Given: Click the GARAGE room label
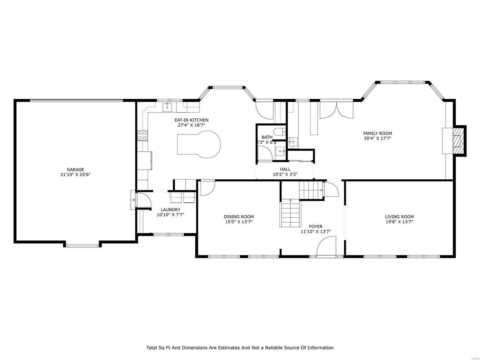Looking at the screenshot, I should coord(75,169).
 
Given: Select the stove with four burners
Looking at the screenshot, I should coord(142,136).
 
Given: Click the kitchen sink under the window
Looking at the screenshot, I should coord(167,107).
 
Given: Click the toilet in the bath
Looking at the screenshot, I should coord(279,131).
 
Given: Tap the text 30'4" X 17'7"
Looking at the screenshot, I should coord(377,138).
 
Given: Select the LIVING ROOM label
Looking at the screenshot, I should coord(399,217).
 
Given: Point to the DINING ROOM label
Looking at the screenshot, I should coord(238,217).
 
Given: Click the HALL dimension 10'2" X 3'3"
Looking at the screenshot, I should coord(285,174).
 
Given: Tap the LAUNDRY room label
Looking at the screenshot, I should coord(170,210).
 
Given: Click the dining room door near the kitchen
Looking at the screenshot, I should coord(207,188).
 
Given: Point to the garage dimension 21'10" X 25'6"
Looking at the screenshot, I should coord(75,174).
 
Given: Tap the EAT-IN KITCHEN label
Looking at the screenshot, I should coord(191,120).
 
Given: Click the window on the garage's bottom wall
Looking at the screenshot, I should coord(82,246).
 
